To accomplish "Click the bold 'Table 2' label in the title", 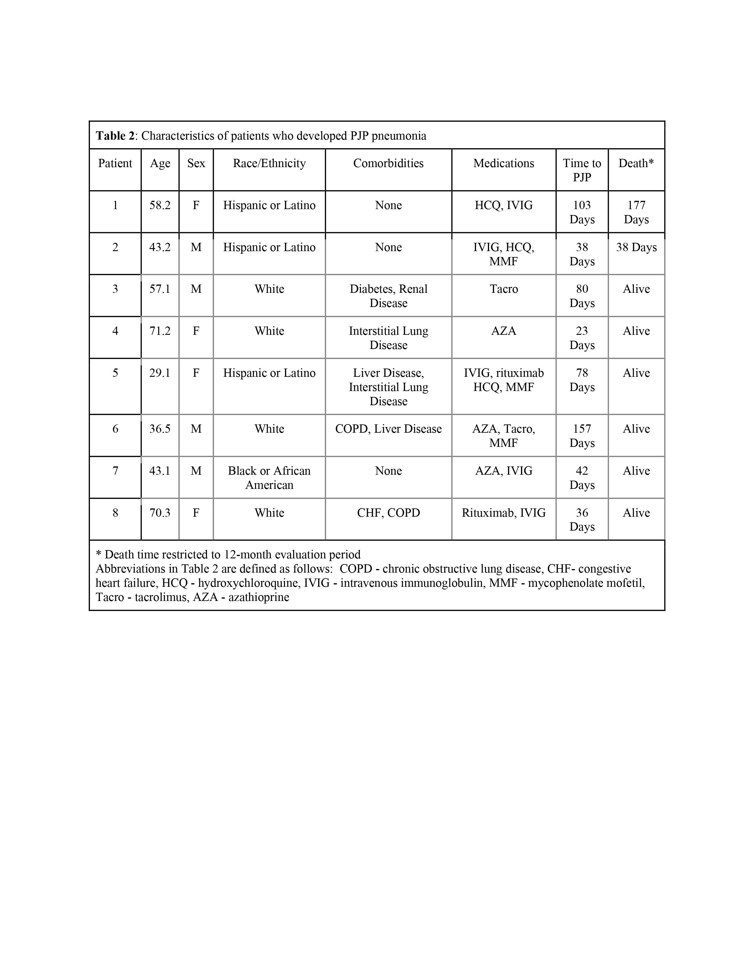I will (115, 136).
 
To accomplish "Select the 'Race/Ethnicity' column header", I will (269, 164).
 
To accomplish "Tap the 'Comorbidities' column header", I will (388, 164).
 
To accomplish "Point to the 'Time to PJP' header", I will (582, 170).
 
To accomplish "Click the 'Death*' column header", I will (636, 164).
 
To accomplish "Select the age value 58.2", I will (160, 206).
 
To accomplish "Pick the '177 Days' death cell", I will (636, 212).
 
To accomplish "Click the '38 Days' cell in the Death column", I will (636, 248).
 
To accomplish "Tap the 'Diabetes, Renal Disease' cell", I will (388, 296).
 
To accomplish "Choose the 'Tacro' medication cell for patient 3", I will (504, 289).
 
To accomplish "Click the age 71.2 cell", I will (160, 331).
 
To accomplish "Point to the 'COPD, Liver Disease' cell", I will (388, 429).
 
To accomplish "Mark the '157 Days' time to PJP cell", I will (582, 436).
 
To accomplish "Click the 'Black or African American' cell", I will (269, 478).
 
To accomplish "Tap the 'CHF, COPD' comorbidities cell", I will (388, 513).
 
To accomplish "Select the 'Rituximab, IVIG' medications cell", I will (504, 513).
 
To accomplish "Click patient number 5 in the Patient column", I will (115, 373).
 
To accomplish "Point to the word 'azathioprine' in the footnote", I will (259, 597).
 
